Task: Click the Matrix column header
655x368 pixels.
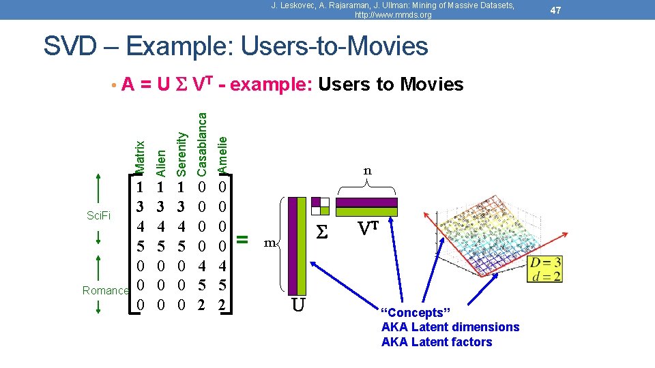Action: tap(140, 156)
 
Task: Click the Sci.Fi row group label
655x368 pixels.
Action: tap(100, 215)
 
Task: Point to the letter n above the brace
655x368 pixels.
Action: tap(367, 170)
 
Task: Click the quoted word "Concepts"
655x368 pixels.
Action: tap(412, 312)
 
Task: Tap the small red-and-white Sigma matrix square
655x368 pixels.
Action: tap(321, 205)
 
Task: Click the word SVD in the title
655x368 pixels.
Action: tap(69, 46)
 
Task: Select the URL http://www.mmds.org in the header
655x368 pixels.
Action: tap(393, 14)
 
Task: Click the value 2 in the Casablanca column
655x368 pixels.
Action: tap(201, 305)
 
